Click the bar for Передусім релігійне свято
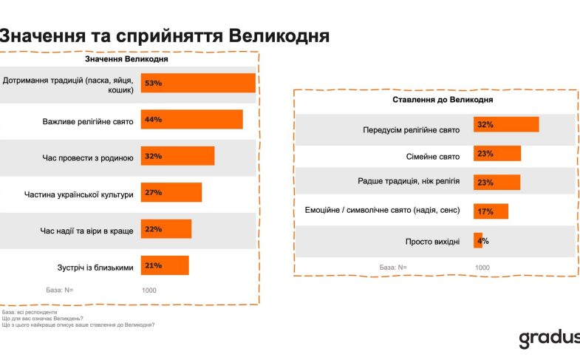pyautogui.click(x=505, y=124)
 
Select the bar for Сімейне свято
pyautogui.click(x=497, y=153)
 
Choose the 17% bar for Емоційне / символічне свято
pyautogui.click(x=491, y=211)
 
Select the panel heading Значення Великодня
pyautogui.click(x=126, y=59)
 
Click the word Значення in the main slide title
pyautogui.click(x=46, y=35)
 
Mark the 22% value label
pyautogui.click(x=153, y=228)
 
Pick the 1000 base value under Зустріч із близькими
pyautogui.click(x=149, y=291)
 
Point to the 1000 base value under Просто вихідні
pyautogui.click(x=482, y=267)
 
